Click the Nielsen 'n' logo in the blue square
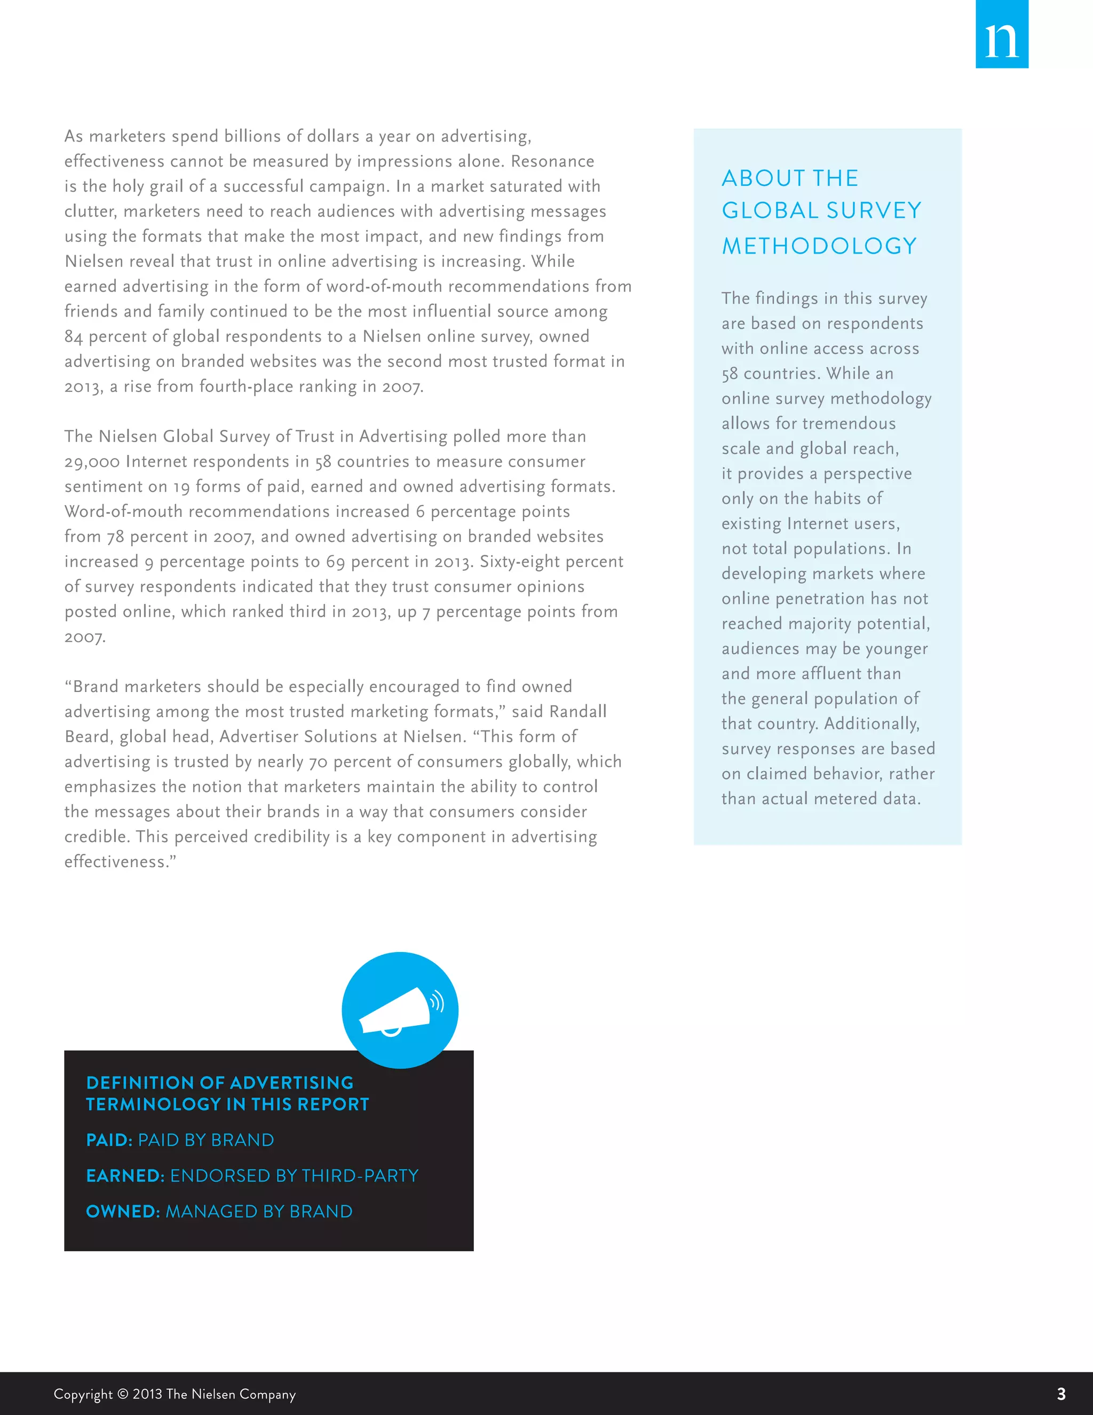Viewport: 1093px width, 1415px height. click(1001, 39)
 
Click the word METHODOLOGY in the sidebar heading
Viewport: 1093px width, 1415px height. click(819, 246)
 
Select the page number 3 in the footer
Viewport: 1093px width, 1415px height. click(1060, 1394)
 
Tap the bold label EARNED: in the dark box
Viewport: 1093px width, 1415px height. click(125, 1176)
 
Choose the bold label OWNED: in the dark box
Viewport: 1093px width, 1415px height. click(122, 1212)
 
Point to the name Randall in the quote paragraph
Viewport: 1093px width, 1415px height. click(577, 711)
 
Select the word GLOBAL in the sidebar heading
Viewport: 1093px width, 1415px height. click(770, 210)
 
